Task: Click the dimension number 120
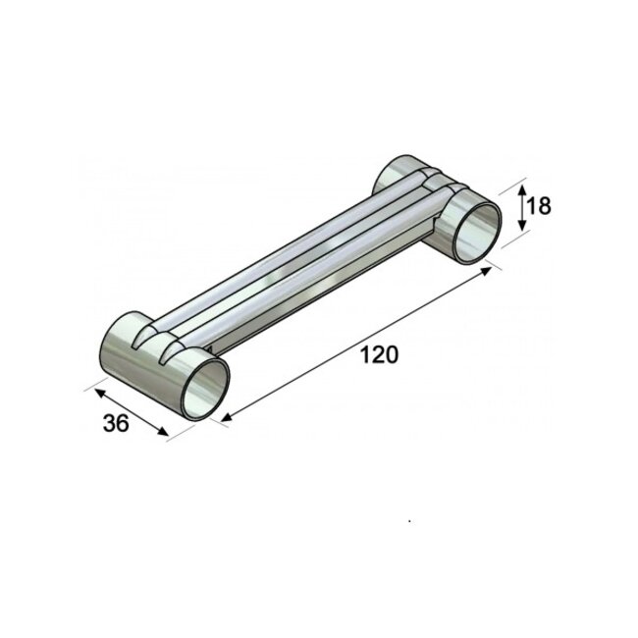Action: [x=380, y=355]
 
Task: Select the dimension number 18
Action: [x=538, y=206]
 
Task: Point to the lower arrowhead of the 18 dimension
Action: [x=522, y=228]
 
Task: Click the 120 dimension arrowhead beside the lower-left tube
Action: [x=226, y=419]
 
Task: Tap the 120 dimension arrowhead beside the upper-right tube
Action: [x=488, y=271]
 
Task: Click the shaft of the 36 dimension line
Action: [x=131, y=410]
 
